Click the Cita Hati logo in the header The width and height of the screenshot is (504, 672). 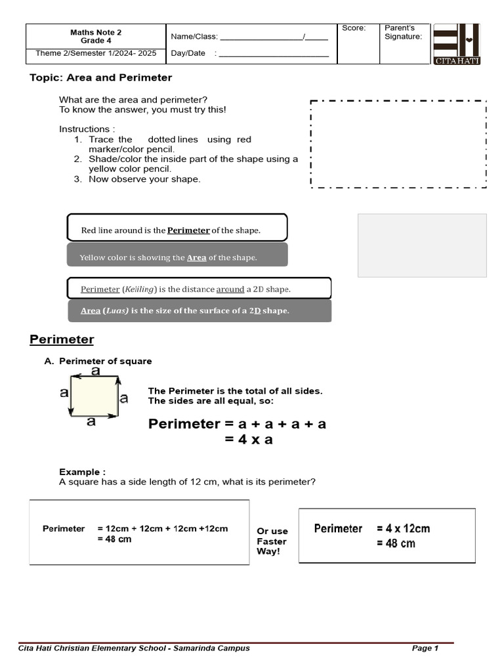click(x=457, y=44)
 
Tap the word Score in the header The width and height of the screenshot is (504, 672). click(x=354, y=28)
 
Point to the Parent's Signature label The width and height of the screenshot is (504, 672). click(x=403, y=32)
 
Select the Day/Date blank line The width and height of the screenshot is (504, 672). click(x=274, y=54)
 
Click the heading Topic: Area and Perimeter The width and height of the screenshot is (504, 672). click(x=100, y=77)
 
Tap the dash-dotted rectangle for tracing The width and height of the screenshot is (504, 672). click(x=398, y=144)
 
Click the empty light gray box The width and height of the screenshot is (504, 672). click(x=422, y=245)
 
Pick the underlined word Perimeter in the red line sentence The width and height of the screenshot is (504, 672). click(x=188, y=230)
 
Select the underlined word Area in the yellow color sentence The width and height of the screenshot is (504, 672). click(x=196, y=258)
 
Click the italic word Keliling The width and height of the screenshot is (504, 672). click(x=141, y=289)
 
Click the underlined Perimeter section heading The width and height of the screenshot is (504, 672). click(x=62, y=339)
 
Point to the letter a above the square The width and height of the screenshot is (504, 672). click(x=96, y=371)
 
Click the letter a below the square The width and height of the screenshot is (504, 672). click(x=91, y=421)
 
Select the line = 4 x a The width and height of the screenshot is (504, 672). click(x=249, y=440)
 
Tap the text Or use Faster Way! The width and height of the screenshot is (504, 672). click(x=272, y=541)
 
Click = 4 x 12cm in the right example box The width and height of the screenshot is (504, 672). click(x=404, y=528)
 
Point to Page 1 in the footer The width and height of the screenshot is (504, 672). click(x=425, y=648)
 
